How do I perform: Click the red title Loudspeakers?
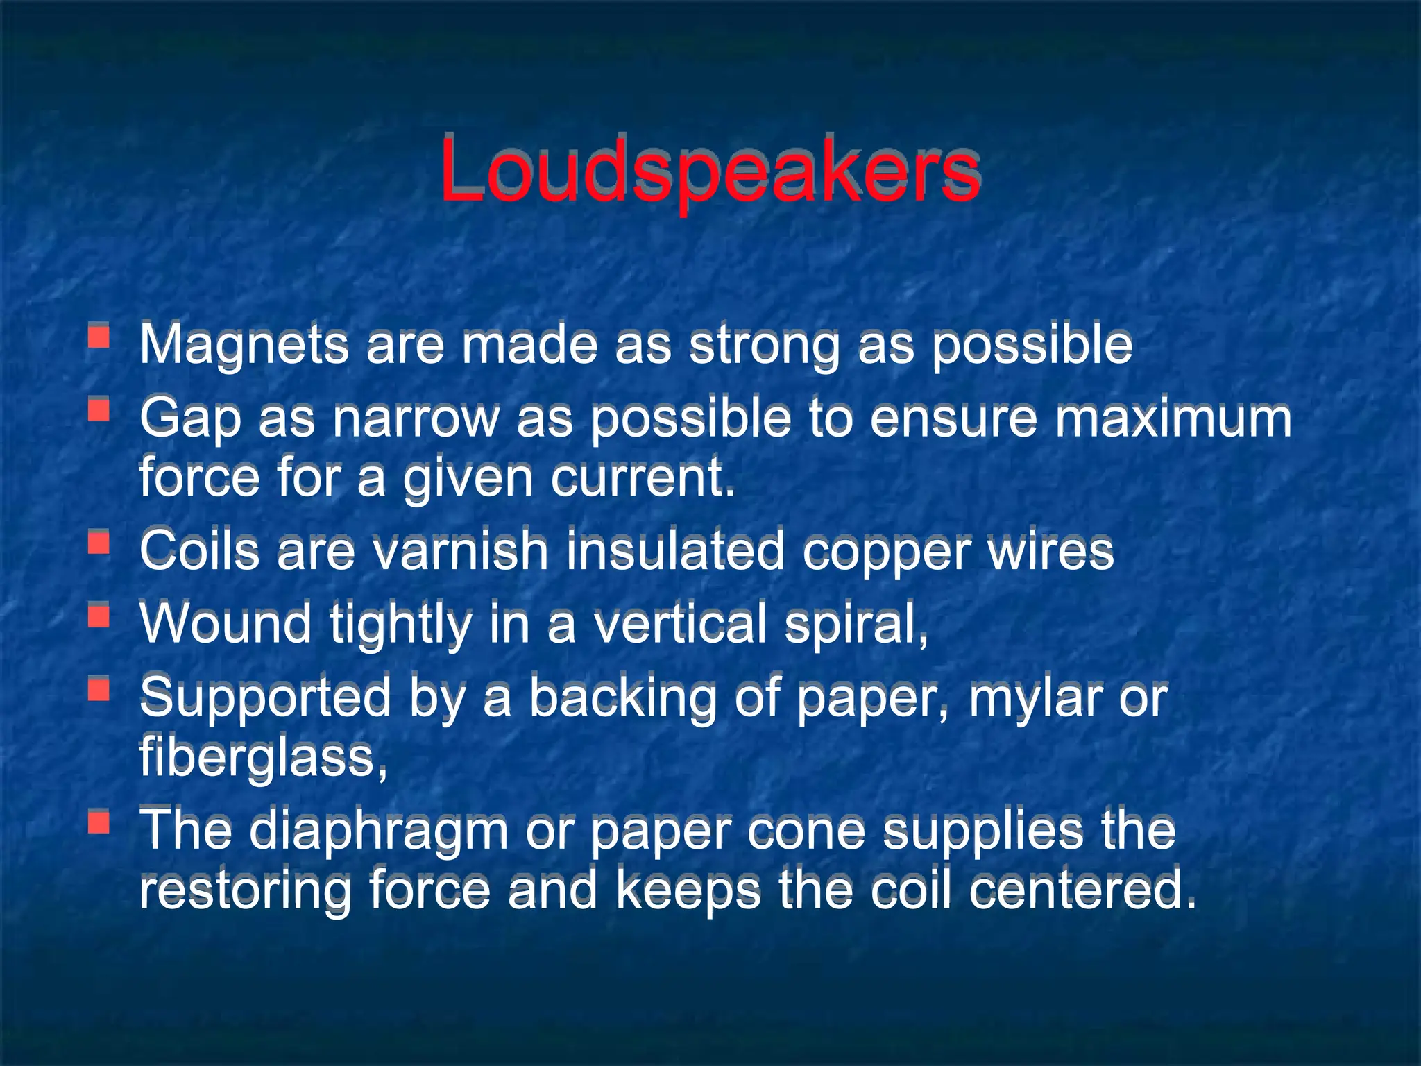pyautogui.click(x=709, y=171)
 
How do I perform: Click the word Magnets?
pyautogui.click(x=244, y=344)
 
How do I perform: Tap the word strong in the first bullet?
pyautogui.click(x=764, y=344)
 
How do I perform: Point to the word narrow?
pyautogui.click(x=416, y=419)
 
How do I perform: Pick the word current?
pyautogui.click(x=643, y=479)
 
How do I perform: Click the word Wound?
pyautogui.click(x=226, y=623)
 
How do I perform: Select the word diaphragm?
pyautogui.click(x=379, y=831)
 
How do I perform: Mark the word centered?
pyautogui.click(x=1082, y=890)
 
